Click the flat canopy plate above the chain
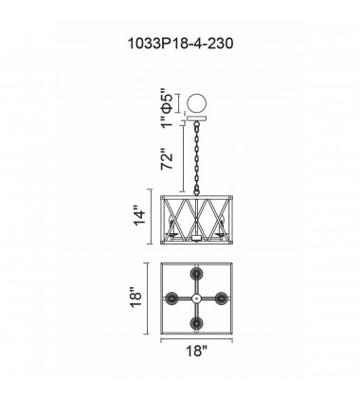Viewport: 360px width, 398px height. (197, 119)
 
